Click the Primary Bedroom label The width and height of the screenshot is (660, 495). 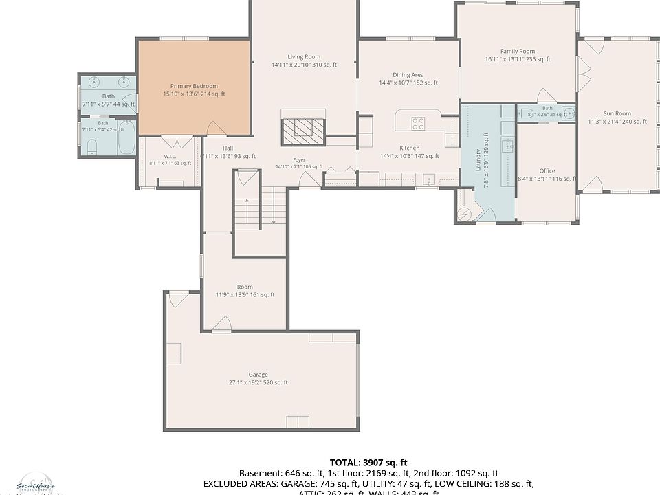pos(194,86)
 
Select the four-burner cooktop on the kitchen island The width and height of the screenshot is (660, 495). pos(417,124)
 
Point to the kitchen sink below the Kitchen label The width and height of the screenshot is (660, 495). pos(429,180)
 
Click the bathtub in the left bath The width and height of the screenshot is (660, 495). pos(126,138)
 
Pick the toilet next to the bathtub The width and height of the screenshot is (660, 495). pos(91,145)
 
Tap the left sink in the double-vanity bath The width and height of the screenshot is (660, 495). pos(93,82)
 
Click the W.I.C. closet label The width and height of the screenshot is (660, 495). pos(170,156)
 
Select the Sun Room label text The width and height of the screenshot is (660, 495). pos(617,113)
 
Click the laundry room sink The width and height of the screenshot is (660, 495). pos(509,145)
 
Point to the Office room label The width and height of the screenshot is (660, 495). pos(547,171)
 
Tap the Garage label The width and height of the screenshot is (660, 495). pos(258,375)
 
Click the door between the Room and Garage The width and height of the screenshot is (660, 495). pos(221,323)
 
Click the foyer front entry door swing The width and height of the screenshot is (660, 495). pos(307,179)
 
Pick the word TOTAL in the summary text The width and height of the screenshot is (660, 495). pos(344,463)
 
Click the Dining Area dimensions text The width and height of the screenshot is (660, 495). pos(408,83)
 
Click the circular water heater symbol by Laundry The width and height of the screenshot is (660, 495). pos(464,214)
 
